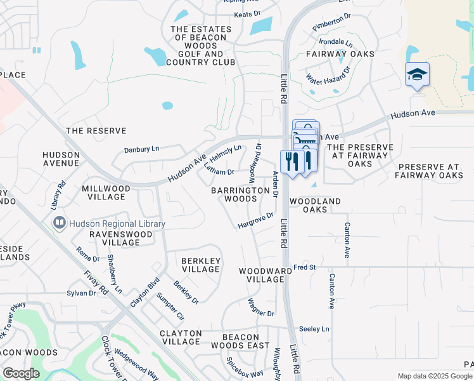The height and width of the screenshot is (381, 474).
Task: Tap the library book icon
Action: (59, 224)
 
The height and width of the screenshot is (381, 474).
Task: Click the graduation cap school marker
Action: (417, 75)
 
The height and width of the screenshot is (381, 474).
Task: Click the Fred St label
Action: (304, 267)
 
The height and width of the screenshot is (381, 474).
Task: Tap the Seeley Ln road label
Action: (314, 329)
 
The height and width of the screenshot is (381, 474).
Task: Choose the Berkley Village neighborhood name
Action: (201, 265)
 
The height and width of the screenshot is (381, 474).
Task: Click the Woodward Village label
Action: (261, 275)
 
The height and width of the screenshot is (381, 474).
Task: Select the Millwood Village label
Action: (106, 192)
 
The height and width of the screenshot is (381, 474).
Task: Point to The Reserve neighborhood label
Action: (96, 131)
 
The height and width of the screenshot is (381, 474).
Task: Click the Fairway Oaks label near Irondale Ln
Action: (340, 55)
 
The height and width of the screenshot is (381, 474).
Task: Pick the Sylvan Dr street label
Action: (81, 293)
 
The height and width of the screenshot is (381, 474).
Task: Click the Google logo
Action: (21, 373)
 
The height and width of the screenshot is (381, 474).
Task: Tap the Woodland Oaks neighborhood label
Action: (315, 205)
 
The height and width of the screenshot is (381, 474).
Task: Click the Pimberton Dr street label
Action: (331, 23)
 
